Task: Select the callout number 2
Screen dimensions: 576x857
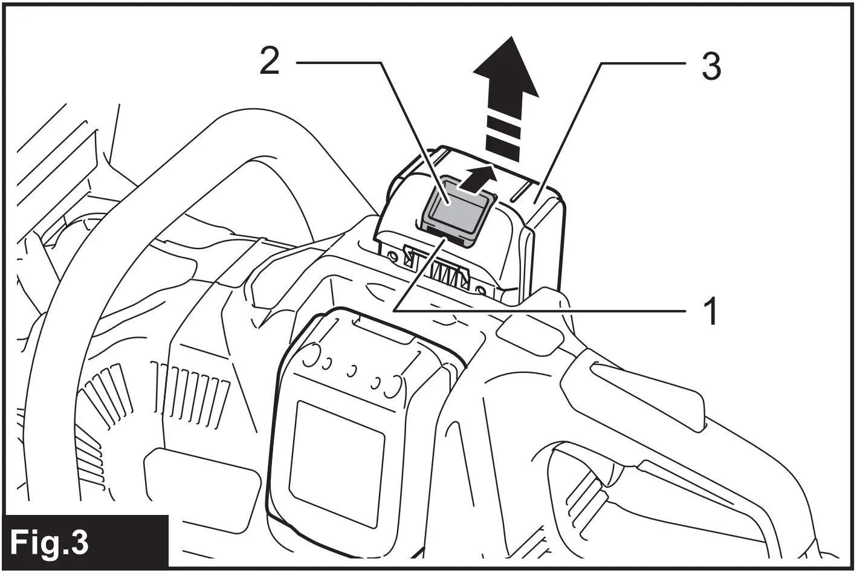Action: (270, 61)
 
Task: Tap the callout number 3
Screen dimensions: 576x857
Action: (711, 66)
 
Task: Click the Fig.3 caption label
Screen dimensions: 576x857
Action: (50, 542)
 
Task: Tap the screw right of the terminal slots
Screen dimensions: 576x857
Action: (482, 290)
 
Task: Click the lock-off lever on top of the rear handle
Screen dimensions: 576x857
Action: (647, 393)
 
